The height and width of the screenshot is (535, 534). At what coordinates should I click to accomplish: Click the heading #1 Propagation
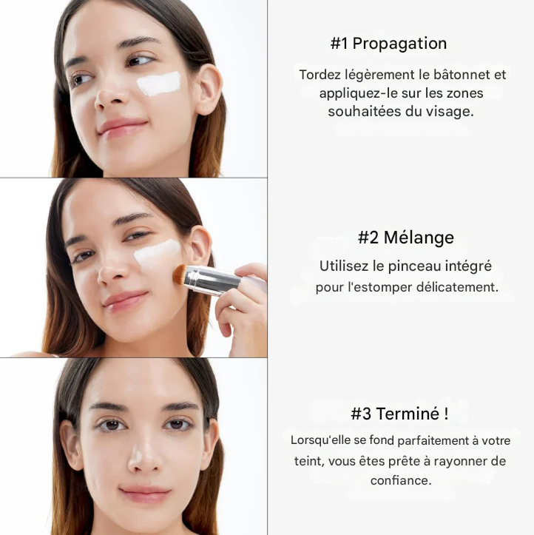pos(388,44)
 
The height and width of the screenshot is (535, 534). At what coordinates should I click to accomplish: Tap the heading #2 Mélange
pos(405,238)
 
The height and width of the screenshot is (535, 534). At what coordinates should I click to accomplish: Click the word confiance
pos(400,480)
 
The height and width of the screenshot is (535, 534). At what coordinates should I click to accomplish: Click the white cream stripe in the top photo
pos(159,83)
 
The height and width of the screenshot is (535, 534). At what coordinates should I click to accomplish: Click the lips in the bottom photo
pos(145,493)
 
